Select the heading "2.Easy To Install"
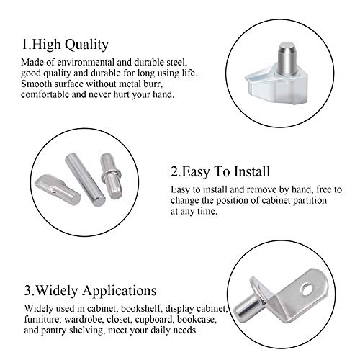(x=220, y=172)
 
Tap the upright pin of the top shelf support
(x=287, y=55)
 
